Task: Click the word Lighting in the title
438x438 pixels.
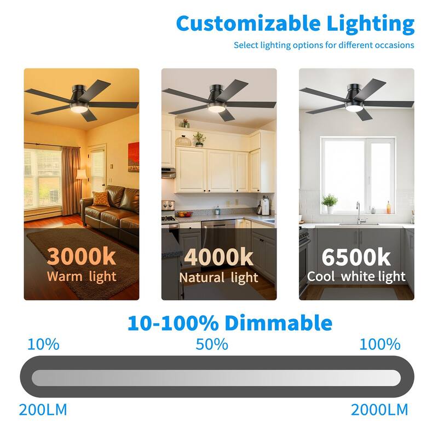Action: (371, 25)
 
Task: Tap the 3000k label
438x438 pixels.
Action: (81, 256)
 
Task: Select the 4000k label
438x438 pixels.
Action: (218, 257)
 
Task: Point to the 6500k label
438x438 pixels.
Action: (356, 257)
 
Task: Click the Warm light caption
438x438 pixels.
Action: (82, 276)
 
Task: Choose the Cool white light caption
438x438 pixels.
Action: (356, 276)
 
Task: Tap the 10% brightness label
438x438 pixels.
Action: (43, 344)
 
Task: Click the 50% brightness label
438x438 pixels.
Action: (212, 344)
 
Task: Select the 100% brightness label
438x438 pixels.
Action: (380, 344)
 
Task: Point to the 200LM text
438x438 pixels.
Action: (43, 410)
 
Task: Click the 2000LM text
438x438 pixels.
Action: (379, 410)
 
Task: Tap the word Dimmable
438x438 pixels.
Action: (279, 322)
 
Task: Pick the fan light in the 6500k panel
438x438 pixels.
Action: (354, 107)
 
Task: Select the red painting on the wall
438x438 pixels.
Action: (134, 157)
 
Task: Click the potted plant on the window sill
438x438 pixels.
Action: (330, 204)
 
